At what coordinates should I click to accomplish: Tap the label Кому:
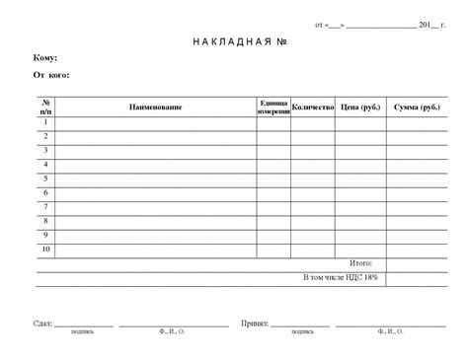(x=45, y=58)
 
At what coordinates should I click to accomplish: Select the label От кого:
(x=51, y=75)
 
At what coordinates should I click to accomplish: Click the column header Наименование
(x=155, y=107)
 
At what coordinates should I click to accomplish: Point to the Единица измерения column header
(x=273, y=107)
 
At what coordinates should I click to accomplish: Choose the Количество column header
(x=313, y=107)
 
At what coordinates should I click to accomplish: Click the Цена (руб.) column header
(x=360, y=107)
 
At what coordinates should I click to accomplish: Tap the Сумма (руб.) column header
(x=418, y=107)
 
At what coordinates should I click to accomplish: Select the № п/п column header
(x=45, y=107)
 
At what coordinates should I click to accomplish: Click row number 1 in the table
(x=45, y=121)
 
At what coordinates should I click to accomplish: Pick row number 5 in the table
(x=45, y=179)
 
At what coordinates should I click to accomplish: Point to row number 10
(x=45, y=251)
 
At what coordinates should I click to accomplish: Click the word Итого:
(x=361, y=264)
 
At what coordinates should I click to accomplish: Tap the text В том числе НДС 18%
(x=341, y=279)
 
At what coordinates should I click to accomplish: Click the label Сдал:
(x=42, y=324)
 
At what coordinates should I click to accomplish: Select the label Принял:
(x=255, y=324)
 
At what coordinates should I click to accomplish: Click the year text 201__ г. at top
(x=431, y=24)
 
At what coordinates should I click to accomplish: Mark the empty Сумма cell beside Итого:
(x=418, y=264)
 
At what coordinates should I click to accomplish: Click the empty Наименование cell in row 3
(x=155, y=150)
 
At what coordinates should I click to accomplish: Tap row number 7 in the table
(x=45, y=207)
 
